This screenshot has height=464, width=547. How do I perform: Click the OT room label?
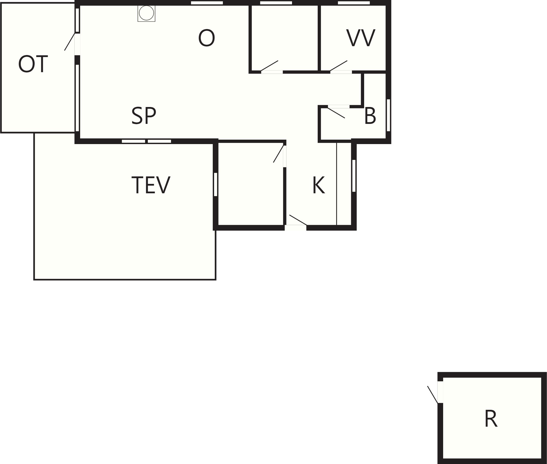[x=33, y=64]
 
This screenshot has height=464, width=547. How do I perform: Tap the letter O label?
[x=207, y=38]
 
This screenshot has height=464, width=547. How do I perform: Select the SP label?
[x=144, y=116]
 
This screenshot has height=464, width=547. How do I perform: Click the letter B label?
[x=370, y=116]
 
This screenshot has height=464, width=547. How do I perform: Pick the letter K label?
[x=319, y=185]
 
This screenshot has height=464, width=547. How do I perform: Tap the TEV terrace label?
[x=151, y=185]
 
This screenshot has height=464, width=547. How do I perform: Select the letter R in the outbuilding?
[x=491, y=419]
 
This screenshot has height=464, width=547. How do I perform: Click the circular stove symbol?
[x=146, y=13]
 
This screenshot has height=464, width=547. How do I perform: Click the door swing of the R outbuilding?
[x=433, y=395]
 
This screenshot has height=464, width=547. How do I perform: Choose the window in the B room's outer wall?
[x=388, y=115]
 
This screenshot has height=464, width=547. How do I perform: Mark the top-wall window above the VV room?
[x=354, y=3]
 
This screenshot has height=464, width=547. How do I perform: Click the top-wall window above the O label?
[x=207, y=3]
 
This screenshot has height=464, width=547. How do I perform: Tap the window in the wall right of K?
[x=354, y=176]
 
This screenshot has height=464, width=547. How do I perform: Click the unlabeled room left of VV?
[x=285, y=38]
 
